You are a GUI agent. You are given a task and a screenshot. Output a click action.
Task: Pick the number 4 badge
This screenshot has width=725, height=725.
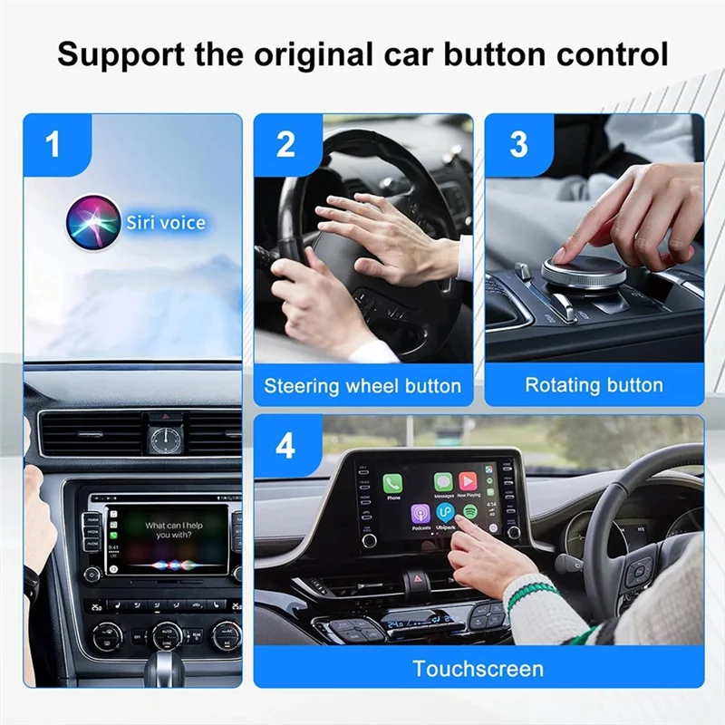click(x=285, y=445)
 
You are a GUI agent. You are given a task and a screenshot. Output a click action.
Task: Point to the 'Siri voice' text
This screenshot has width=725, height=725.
click(x=166, y=223)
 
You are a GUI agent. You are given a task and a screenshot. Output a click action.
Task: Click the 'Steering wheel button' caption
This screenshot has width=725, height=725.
click(x=362, y=386)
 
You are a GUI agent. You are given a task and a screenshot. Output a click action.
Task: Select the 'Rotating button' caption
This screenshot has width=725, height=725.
click(x=594, y=385)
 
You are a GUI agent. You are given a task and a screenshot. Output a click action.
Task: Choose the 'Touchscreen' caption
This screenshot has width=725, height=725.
click(x=478, y=670)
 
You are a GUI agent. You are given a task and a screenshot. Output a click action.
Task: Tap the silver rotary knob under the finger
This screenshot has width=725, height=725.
click(x=583, y=271)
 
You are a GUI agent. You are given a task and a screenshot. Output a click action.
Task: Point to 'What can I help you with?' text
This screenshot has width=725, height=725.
click(x=175, y=530)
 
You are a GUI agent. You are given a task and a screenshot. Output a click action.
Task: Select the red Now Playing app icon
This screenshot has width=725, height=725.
click(x=468, y=481)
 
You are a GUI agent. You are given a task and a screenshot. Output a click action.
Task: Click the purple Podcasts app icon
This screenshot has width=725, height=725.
click(x=420, y=514)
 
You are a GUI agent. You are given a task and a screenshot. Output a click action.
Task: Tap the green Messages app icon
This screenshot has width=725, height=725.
click(x=443, y=482)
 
